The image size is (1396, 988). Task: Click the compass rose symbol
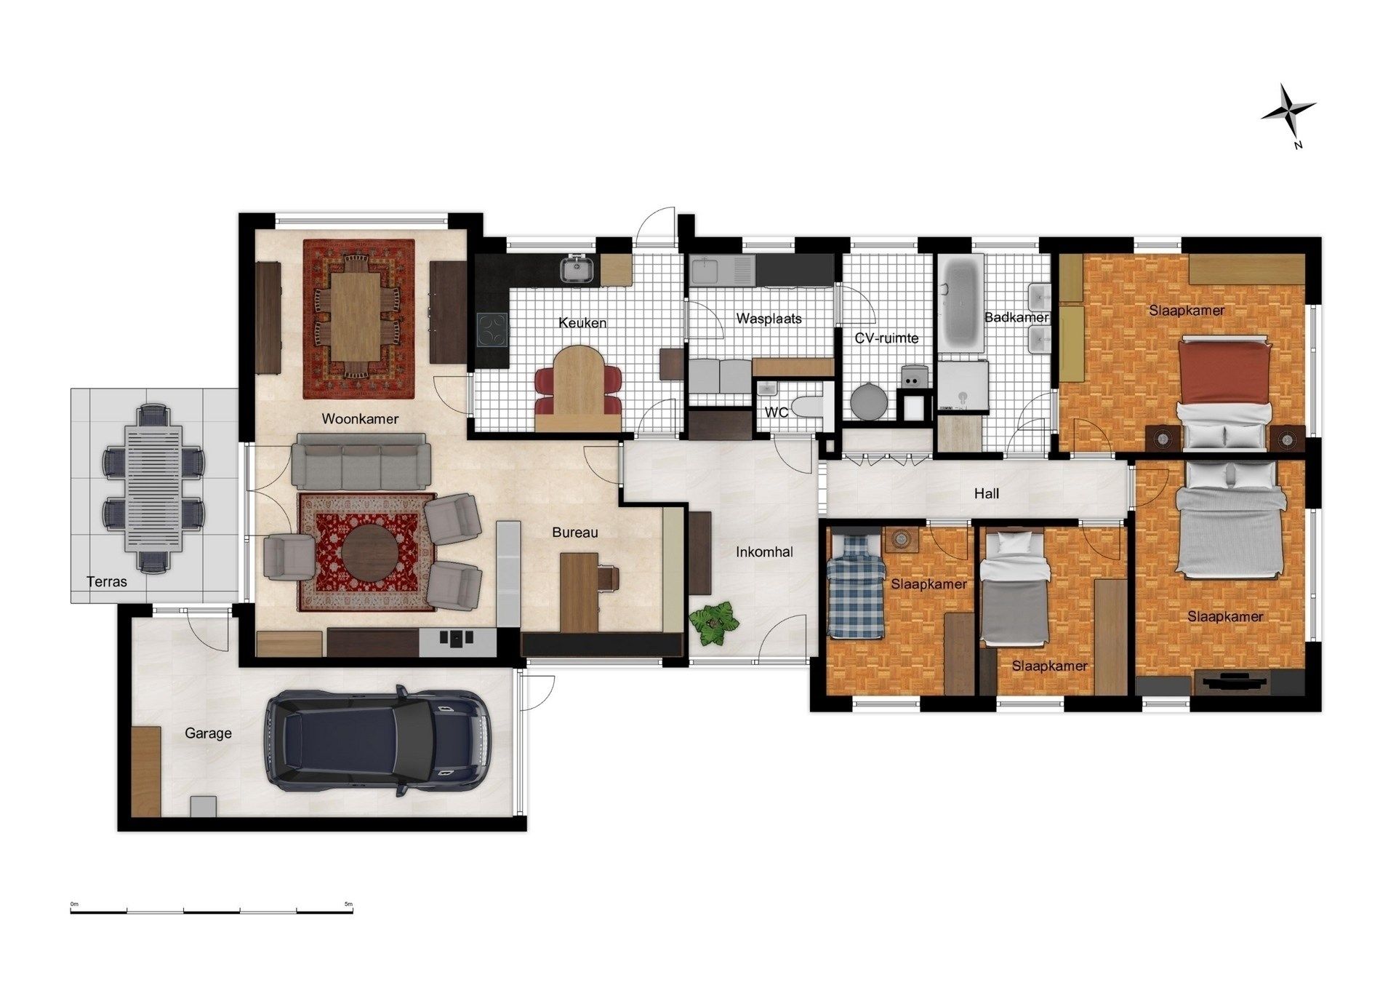coord(1288,111)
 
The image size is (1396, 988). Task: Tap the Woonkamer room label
coord(360,419)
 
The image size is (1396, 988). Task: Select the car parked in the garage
coord(376,740)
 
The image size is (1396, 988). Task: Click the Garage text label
coord(208,733)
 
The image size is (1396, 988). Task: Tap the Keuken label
coord(582,323)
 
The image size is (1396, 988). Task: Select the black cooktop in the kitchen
coord(492,331)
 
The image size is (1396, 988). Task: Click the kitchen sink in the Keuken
coord(578,270)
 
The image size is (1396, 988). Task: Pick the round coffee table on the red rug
coord(369,551)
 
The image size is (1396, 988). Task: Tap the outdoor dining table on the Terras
coord(153,488)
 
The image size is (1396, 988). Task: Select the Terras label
coord(107,582)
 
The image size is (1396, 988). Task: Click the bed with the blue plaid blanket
coord(856,586)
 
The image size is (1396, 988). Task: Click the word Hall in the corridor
coord(987,494)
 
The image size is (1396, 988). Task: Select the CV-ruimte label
coord(886,338)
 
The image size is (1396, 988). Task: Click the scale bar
coord(212,910)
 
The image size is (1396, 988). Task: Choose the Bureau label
coord(574,533)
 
